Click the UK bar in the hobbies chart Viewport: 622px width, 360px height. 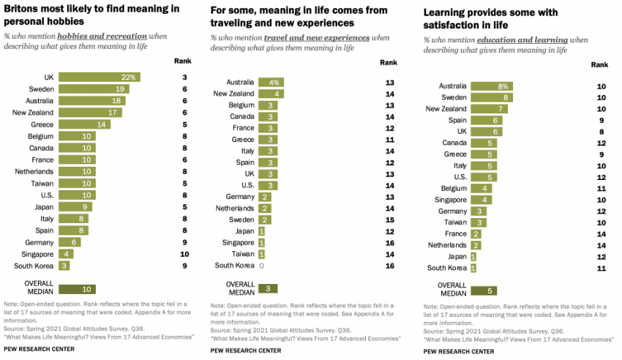(x=99, y=77)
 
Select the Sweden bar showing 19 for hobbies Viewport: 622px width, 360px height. (x=94, y=89)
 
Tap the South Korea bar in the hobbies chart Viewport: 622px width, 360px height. (x=65, y=265)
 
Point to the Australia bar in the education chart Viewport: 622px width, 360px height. (x=492, y=86)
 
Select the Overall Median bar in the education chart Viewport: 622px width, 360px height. (x=484, y=290)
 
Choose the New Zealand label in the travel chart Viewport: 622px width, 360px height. (x=233, y=94)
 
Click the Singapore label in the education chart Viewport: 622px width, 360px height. (x=451, y=200)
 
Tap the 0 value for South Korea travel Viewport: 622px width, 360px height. (x=262, y=266)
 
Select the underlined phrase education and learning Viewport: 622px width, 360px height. (x=522, y=40)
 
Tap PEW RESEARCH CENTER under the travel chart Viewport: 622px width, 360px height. (x=245, y=350)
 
